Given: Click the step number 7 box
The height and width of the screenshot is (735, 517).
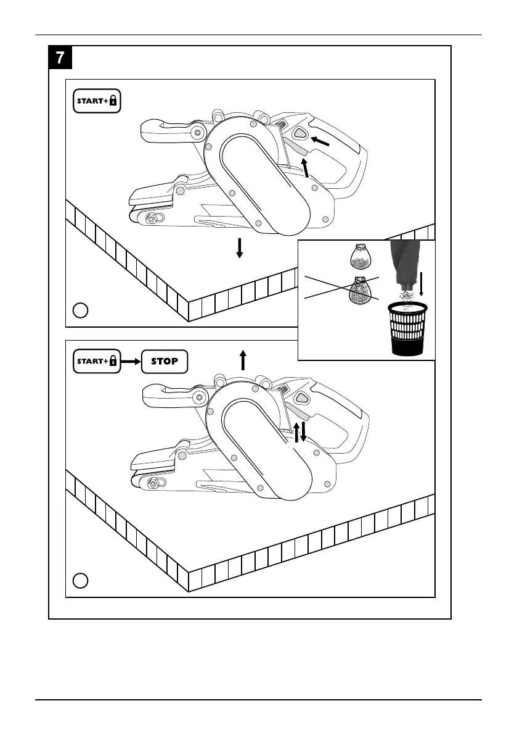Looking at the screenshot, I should coord(60,58).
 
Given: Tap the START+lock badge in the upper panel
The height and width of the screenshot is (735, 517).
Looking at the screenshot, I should coord(97,102).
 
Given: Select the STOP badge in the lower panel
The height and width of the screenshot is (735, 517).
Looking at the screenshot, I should coord(165,362).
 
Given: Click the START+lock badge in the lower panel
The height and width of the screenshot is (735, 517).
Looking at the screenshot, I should coord(97,362).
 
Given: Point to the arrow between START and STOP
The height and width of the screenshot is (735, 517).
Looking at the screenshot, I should coord(131,362).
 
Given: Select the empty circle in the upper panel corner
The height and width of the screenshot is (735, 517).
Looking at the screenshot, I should coord(79,310).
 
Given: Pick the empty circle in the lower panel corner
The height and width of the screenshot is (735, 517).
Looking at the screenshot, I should coord(79,580).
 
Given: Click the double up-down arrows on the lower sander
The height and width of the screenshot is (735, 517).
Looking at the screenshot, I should coord(299,432).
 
